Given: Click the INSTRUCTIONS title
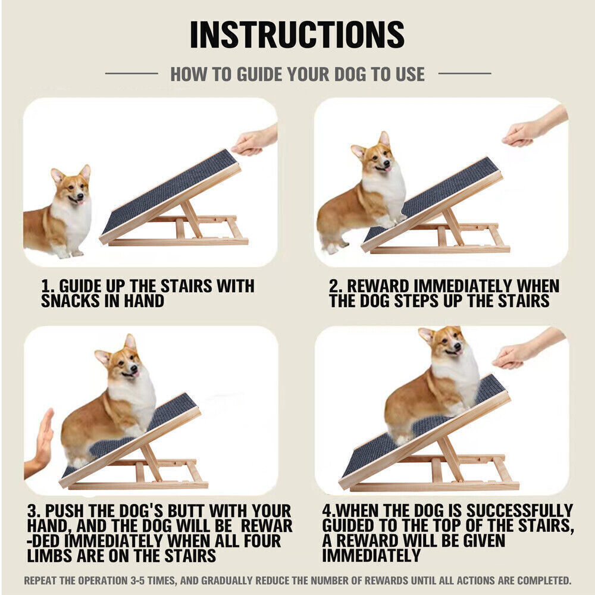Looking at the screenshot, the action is pos(297,35).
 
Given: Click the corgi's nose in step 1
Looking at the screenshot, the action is pos(80,196).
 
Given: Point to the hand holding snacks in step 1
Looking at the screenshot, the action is pos(254,140).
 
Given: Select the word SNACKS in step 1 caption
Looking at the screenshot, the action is pos(70,301).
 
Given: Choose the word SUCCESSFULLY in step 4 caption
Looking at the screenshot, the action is pos(520,511).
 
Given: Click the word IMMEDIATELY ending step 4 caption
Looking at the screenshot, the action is pos(371,556).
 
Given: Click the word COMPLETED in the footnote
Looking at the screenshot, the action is pos(544,581).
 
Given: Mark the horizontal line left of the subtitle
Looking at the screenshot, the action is pos(131,74).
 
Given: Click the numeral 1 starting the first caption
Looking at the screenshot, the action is pos(45,286).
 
